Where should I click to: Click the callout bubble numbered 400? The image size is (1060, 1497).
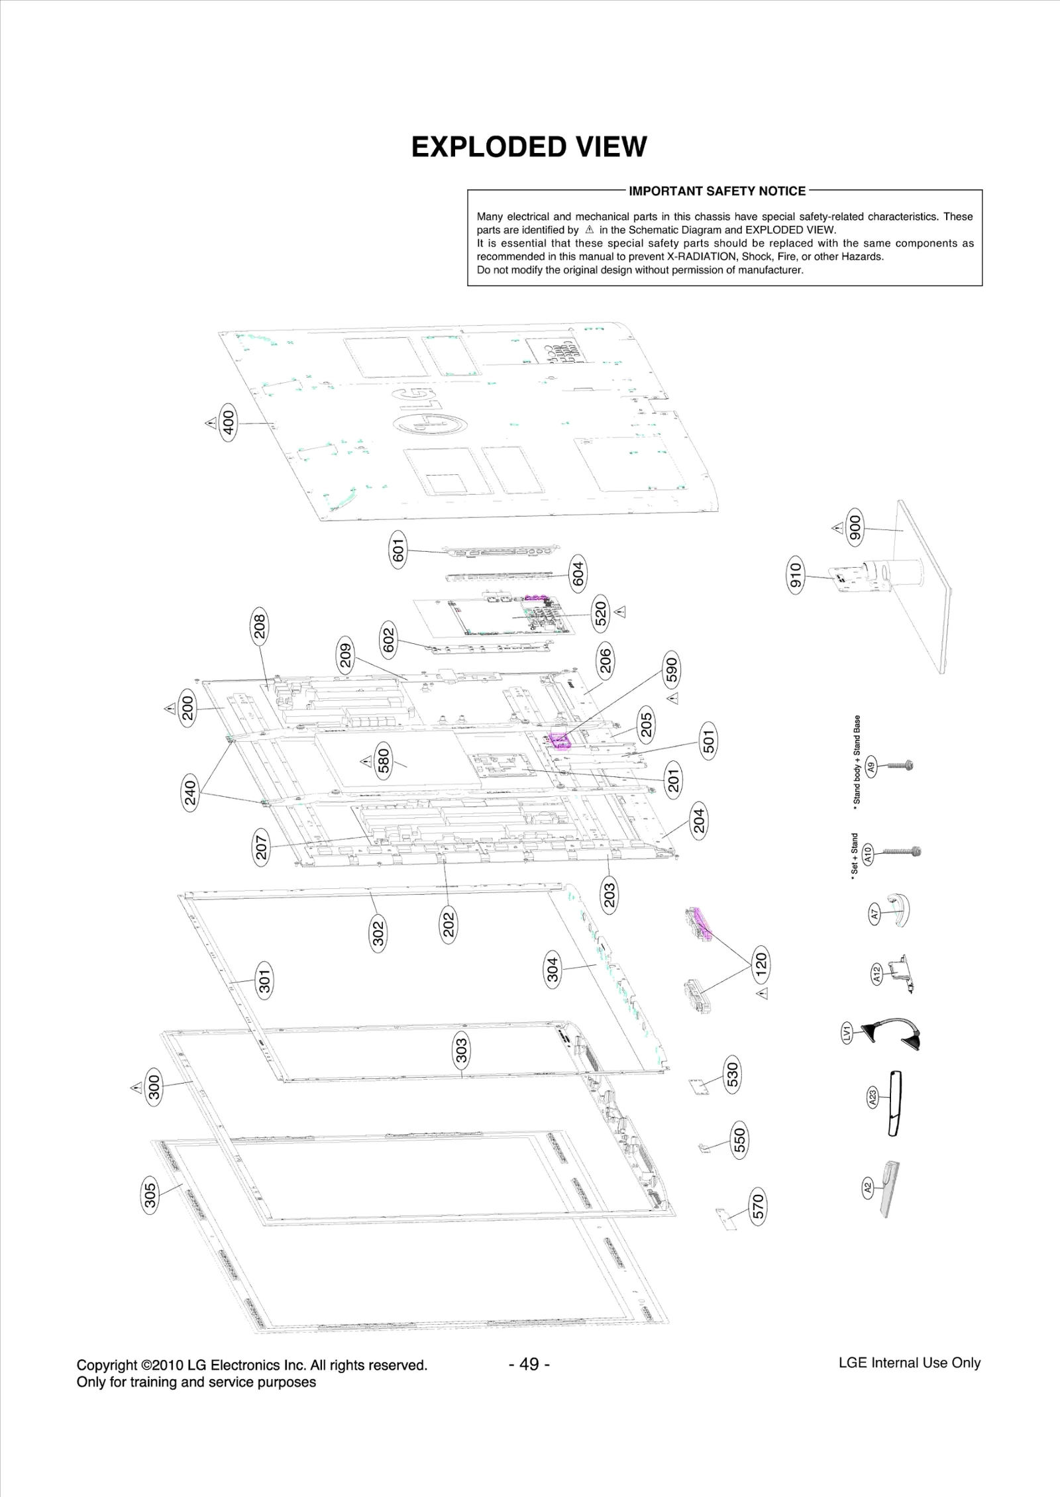229,422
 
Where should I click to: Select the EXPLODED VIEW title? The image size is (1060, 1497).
529,147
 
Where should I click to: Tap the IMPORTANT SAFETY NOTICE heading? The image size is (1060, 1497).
717,191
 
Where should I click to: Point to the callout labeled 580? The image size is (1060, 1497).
384,762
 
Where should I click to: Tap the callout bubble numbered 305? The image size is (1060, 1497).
150,1196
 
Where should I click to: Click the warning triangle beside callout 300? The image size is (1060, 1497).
136,1087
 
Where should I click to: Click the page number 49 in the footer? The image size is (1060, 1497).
529,1364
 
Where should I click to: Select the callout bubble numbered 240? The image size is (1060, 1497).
190,793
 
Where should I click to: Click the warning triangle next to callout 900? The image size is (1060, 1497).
837,528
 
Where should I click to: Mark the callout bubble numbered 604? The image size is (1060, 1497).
578,574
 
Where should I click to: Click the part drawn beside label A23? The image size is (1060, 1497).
895,1103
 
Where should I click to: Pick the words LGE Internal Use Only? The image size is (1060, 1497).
909,1363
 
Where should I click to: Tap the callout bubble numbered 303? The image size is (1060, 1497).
462,1051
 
